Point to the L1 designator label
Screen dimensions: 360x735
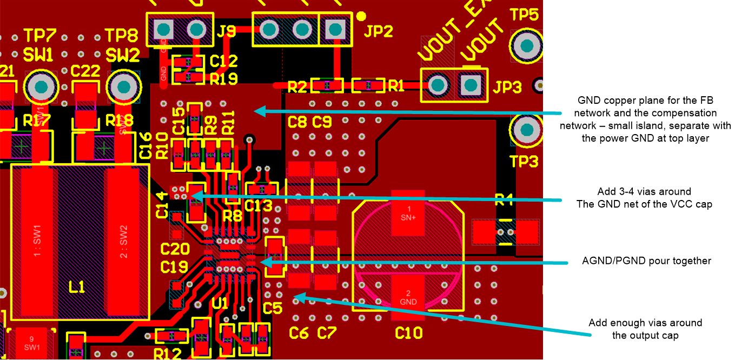pos(77,287)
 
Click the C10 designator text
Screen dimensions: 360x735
pos(408,332)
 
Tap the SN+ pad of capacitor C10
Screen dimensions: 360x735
pos(409,212)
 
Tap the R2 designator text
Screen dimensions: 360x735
pos(297,86)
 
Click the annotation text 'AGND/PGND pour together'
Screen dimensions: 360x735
pos(646,261)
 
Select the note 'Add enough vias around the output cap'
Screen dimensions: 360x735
pos(645,329)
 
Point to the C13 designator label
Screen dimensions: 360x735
pos(258,206)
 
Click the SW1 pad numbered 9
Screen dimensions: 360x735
pos(31,344)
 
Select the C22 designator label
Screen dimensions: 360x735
pos(85,71)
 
